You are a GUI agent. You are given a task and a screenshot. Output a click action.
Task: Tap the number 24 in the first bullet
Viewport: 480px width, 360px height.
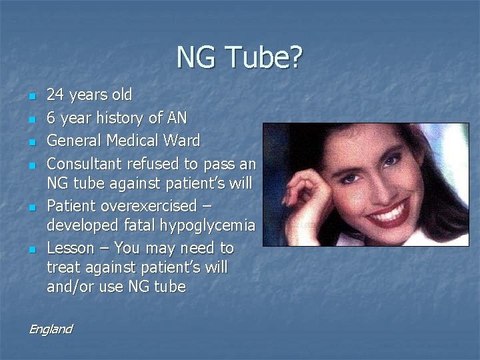55,95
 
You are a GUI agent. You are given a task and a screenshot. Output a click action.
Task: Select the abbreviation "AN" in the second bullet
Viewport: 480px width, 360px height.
177,118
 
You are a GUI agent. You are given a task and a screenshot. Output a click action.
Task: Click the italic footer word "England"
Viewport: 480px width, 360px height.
50,329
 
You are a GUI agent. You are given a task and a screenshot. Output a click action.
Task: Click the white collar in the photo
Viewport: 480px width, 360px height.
427,237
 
